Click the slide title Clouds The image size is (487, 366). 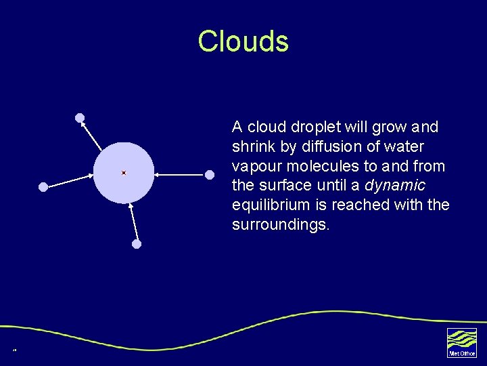(x=243, y=41)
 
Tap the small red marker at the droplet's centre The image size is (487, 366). (x=124, y=173)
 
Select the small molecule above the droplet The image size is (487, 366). (x=80, y=118)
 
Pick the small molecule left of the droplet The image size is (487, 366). (x=43, y=186)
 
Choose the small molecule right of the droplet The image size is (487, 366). (x=210, y=175)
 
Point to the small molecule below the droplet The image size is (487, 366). (x=137, y=244)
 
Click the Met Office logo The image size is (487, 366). (x=461, y=342)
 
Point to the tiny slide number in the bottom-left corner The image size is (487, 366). (x=14, y=350)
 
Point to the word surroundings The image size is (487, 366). (x=281, y=224)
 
